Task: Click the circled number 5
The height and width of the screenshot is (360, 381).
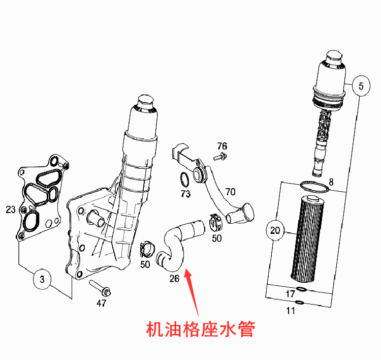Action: click(x=361, y=86)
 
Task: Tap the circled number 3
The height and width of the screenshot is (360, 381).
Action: click(x=42, y=279)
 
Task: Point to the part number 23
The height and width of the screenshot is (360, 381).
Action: click(x=11, y=209)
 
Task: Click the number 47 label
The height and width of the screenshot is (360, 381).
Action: click(x=102, y=304)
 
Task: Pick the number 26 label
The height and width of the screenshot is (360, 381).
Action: click(x=174, y=278)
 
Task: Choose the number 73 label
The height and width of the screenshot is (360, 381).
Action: click(x=185, y=194)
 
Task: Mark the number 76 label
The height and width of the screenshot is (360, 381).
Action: click(x=222, y=146)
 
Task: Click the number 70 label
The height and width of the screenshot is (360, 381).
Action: click(x=230, y=192)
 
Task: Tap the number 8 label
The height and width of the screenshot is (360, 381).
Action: click(x=331, y=182)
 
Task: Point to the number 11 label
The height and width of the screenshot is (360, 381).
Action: click(x=290, y=311)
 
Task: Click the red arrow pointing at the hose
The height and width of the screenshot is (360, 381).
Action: click(x=193, y=293)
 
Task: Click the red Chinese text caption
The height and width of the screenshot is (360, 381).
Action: click(x=200, y=330)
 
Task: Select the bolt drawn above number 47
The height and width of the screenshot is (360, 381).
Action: click(x=101, y=288)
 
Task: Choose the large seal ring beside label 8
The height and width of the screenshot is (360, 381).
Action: click(x=315, y=187)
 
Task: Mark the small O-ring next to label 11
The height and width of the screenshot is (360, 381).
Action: click(x=300, y=304)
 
